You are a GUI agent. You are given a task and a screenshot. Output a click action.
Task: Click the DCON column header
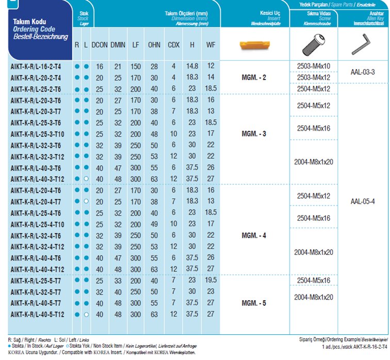(100, 45)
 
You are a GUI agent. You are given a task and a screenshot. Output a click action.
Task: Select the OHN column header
(154, 45)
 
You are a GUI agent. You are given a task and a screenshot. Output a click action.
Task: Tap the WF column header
(210, 45)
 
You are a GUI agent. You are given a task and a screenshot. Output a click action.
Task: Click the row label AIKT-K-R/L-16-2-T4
(36, 67)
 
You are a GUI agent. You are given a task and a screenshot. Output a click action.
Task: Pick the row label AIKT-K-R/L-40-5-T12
(37, 314)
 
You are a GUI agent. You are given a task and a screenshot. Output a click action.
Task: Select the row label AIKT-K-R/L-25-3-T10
(37, 134)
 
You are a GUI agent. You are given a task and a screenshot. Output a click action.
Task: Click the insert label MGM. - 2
(254, 78)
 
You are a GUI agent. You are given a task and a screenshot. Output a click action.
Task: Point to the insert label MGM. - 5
(254, 303)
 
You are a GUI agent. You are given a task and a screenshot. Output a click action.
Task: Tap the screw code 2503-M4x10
(314, 66)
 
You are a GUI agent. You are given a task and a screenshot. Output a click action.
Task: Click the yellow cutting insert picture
(254, 45)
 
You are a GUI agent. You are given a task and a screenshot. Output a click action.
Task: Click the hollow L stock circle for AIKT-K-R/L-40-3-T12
(86, 179)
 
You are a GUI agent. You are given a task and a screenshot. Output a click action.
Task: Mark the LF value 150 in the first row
(136, 67)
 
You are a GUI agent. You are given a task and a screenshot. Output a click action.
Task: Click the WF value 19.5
(210, 280)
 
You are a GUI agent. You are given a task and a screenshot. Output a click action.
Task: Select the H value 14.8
(192, 67)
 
